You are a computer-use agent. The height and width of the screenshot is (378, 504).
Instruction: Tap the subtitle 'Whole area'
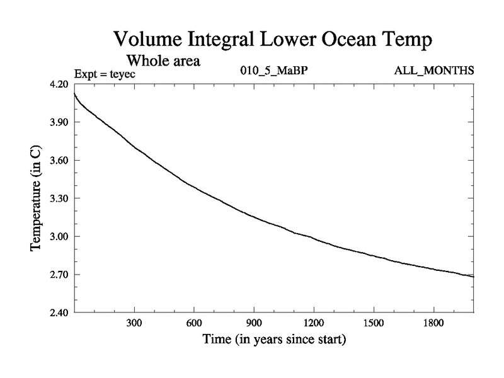[x=164, y=61]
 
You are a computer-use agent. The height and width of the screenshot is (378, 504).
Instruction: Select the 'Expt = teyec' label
[x=105, y=74]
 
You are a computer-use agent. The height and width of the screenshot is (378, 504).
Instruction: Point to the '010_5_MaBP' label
[x=274, y=71]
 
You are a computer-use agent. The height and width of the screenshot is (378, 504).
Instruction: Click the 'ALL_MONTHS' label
[x=433, y=71]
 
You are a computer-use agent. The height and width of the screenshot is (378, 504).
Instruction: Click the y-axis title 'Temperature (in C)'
[x=37, y=198]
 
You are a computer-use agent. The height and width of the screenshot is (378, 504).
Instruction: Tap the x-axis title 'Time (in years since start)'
[x=274, y=341]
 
